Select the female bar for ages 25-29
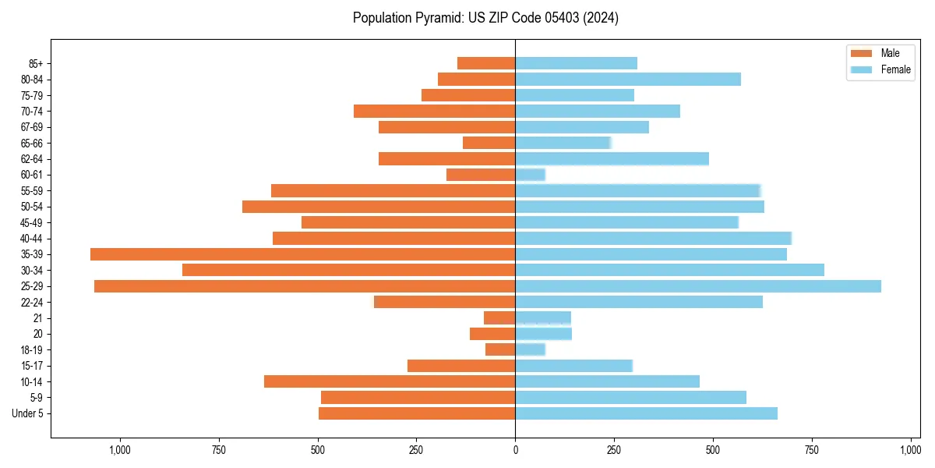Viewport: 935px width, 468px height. point(698,286)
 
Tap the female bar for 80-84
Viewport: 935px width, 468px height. point(628,80)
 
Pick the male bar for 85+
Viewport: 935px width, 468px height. point(486,63)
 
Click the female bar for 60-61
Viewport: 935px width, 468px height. point(530,175)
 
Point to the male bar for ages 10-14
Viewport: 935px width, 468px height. point(390,381)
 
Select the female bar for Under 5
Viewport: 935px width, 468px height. point(646,413)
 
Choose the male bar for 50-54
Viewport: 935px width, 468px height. point(379,207)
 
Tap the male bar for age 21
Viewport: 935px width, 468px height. point(499,318)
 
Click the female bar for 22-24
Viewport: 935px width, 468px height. point(639,302)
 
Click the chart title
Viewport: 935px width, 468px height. point(485,18)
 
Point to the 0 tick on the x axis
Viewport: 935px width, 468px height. point(515,450)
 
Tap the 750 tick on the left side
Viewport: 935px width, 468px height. point(218,450)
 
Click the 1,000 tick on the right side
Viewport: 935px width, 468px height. point(910,450)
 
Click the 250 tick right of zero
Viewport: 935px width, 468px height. point(614,450)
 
